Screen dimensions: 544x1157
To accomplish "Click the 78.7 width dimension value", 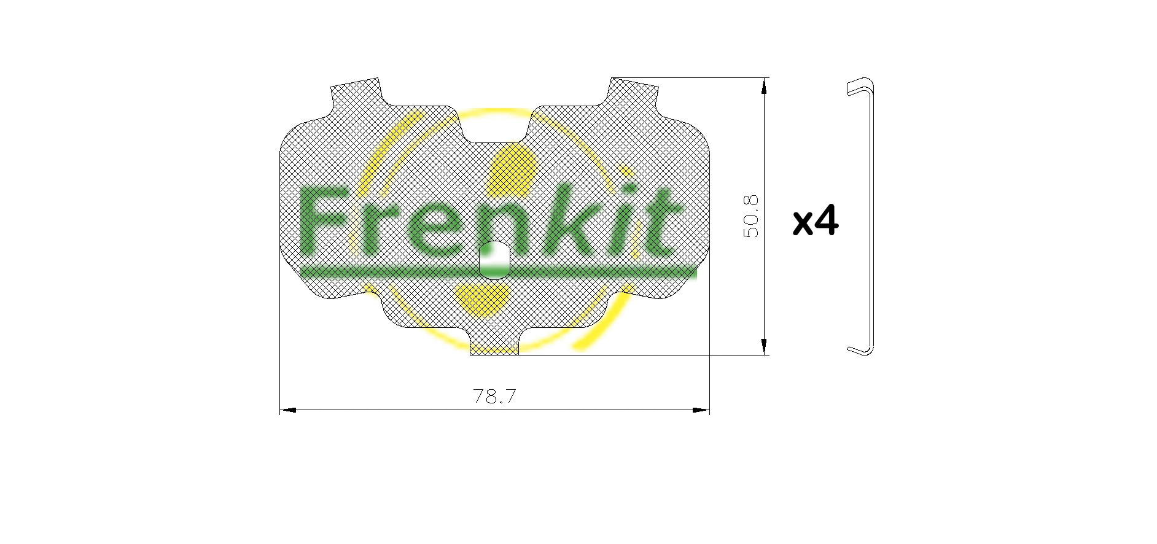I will [494, 397].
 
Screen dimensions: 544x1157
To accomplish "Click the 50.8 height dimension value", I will [751, 216].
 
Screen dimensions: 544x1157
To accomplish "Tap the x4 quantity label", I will [815, 222].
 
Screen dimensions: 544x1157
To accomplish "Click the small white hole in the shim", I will [494, 260].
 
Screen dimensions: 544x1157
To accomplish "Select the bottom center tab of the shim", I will [494, 345].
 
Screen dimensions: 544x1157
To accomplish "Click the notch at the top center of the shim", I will [494, 126].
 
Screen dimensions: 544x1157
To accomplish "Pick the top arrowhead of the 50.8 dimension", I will [764, 86].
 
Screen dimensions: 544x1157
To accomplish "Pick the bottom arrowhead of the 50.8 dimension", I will [764, 347].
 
